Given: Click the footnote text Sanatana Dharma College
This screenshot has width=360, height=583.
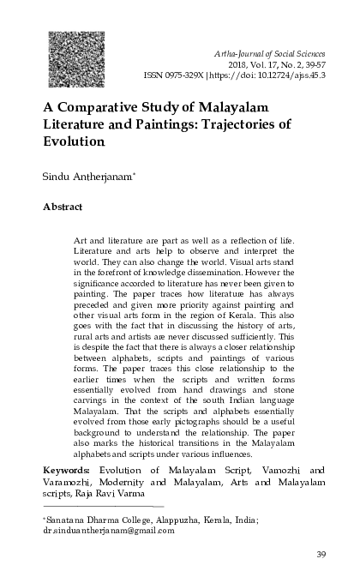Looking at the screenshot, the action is click(x=93, y=520).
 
